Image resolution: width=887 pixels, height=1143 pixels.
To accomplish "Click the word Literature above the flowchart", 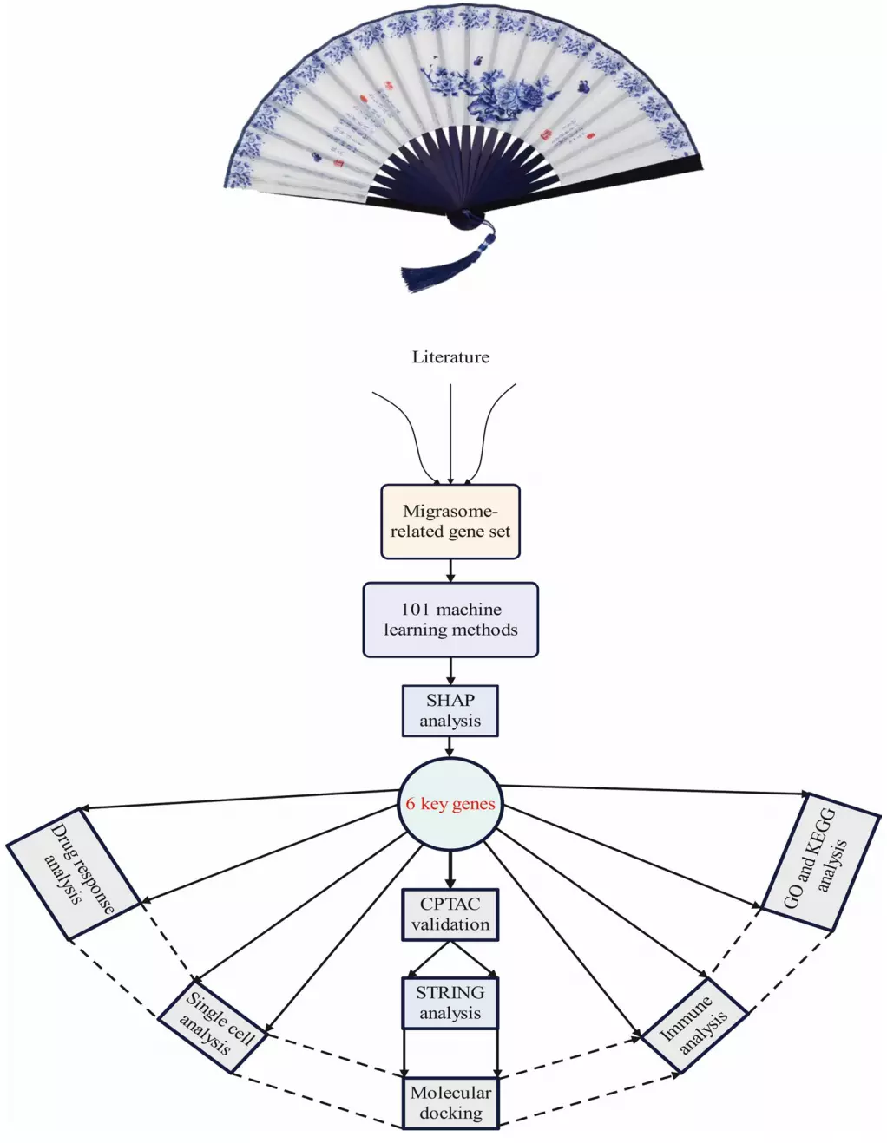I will [x=450, y=357].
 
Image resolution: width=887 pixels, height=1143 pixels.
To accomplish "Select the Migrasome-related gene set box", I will [x=450, y=521].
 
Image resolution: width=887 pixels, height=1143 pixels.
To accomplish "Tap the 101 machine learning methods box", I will [x=450, y=619].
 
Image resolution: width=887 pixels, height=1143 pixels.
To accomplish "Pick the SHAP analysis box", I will [x=450, y=710].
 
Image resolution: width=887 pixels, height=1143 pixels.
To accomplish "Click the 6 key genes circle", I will [x=450, y=804].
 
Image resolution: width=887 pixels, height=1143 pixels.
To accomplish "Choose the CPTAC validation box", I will [x=450, y=914].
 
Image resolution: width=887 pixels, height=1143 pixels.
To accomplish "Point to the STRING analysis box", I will [x=450, y=1003].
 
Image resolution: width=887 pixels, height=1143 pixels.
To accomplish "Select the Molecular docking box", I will [x=450, y=1102].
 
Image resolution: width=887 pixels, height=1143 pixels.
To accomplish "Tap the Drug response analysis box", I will [x=74, y=873].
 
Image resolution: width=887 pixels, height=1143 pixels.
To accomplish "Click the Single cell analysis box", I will [x=213, y=1027].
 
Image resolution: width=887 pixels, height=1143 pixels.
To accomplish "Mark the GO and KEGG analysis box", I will [x=820, y=862].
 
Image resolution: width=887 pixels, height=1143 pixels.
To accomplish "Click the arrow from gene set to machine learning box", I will [x=450, y=571].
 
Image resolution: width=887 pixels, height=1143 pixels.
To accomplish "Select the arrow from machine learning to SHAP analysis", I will [x=450, y=671].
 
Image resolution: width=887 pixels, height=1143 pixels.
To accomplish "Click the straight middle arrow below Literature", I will [x=450, y=434].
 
